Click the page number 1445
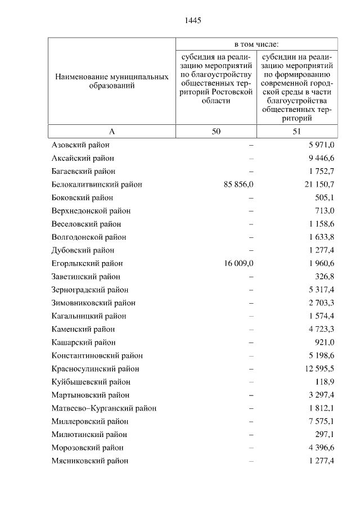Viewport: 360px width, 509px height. (x=192, y=21)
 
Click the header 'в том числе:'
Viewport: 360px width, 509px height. (x=256, y=44)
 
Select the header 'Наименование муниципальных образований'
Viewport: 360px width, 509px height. (x=111, y=81)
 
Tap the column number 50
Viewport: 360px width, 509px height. (x=217, y=131)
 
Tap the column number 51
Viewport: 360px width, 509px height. (x=297, y=131)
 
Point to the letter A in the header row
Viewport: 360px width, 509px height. (x=111, y=131)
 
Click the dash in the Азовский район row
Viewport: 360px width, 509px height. (x=251, y=145)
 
